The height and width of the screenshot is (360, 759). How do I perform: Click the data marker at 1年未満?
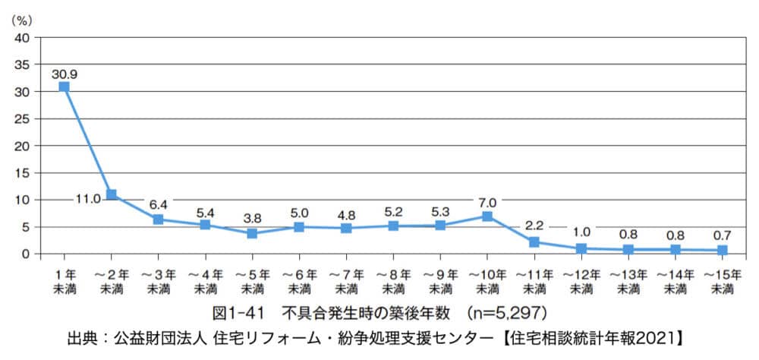pyautogui.click(x=64, y=87)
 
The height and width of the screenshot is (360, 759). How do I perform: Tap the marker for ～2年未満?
pyautogui.click(x=112, y=194)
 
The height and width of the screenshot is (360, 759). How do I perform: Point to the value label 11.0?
pyautogui.click(x=87, y=199)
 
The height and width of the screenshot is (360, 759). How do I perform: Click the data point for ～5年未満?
pyautogui.click(x=252, y=233)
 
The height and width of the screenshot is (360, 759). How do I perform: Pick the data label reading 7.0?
pyautogui.click(x=488, y=202)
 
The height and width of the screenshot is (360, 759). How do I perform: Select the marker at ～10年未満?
pyautogui.click(x=487, y=216)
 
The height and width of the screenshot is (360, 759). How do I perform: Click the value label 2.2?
pyautogui.click(x=534, y=226)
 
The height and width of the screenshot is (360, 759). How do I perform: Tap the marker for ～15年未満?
pyautogui.click(x=723, y=250)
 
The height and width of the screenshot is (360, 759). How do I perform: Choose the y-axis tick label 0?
pyautogui.click(x=27, y=254)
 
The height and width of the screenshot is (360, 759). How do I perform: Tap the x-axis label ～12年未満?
pyautogui.click(x=581, y=282)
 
